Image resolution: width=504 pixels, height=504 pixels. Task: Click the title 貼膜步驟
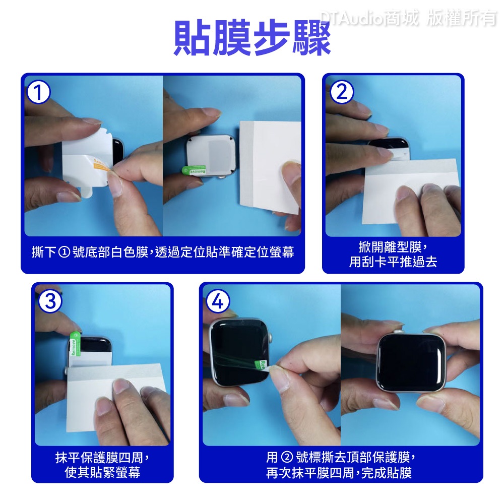(252, 38)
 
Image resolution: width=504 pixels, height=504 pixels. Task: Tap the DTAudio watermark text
(408, 18)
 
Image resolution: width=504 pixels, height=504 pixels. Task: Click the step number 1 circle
(39, 92)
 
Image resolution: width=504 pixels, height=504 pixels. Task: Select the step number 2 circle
(342, 92)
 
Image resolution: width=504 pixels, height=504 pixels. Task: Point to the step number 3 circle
(50, 301)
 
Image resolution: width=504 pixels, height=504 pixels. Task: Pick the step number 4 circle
(218, 301)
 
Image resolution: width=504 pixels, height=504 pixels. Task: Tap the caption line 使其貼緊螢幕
(102, 472)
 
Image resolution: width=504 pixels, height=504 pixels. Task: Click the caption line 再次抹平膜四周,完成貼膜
(339, 473)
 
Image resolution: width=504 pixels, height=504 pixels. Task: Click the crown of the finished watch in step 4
(399, 332)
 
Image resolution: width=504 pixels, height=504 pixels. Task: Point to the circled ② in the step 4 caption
(286, 457)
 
